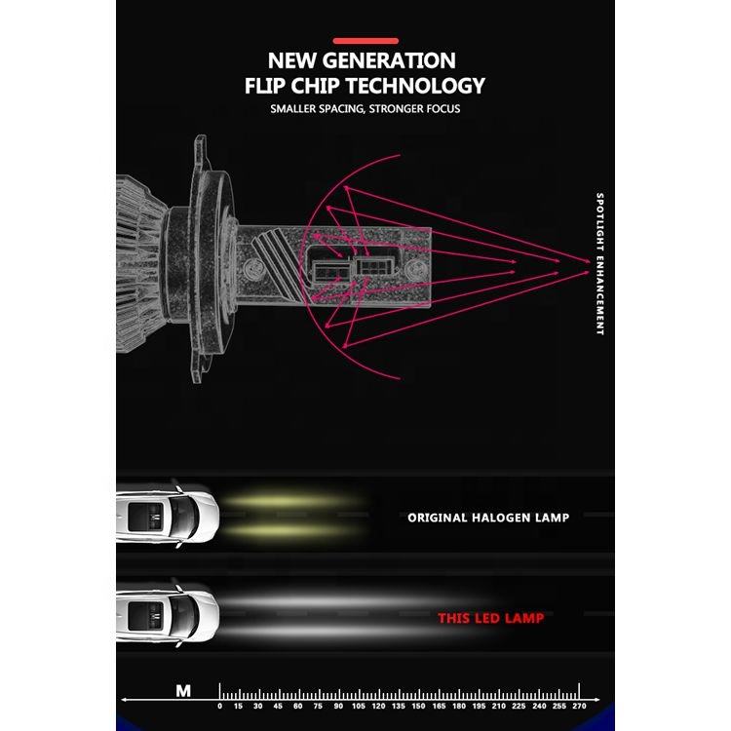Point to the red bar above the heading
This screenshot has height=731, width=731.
[365, 40]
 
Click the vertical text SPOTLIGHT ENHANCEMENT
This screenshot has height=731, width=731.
[600, 263]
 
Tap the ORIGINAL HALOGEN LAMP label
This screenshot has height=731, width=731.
[488, 518]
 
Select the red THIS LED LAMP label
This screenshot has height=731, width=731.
[490, 618]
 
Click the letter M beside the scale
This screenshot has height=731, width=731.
[183, 690]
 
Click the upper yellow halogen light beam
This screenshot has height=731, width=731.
[292, 499]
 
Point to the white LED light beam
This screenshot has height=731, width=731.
[322, 614]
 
